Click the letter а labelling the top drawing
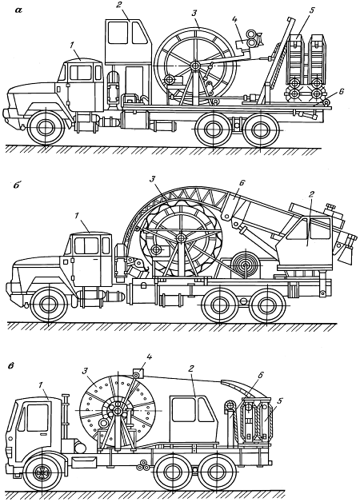[x=18, y=10]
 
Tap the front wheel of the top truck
[x=45, y=127]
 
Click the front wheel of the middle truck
[x=49, y=305]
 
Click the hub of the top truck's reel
[x=194, y=65]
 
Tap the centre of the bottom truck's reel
[x=118, y=411]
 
